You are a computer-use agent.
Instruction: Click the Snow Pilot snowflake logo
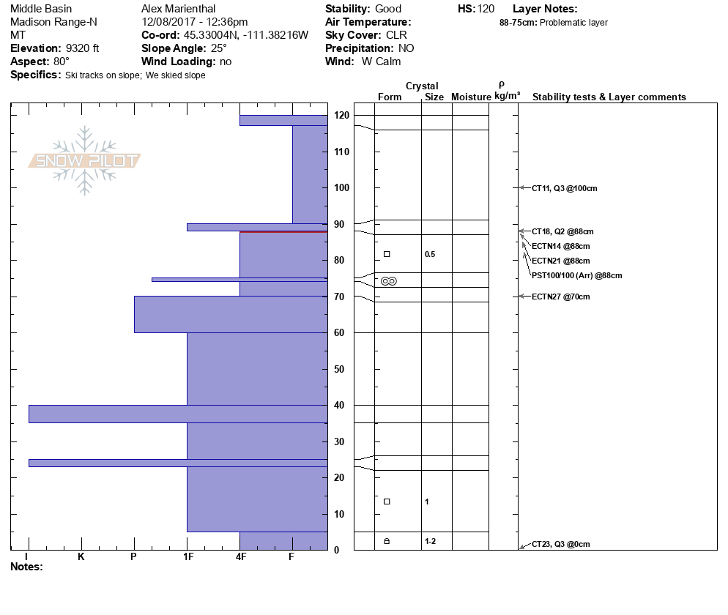(85, 160)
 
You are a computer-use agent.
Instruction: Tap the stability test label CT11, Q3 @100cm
(564, 188)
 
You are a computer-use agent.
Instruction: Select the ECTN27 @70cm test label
(560, 297)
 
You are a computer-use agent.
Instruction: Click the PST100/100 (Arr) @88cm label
(576, 275)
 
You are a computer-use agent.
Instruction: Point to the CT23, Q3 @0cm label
(560, 544)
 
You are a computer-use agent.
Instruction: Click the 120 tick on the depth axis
(341, 116)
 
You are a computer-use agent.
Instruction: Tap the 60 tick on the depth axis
(341, 333)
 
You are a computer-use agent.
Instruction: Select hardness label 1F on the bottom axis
(187, 557)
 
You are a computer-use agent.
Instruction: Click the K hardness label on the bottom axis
(81, 557)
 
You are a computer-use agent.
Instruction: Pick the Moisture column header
(471, 97)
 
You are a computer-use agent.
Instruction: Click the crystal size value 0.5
(430, 255)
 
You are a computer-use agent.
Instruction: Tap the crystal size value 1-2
(431, 541)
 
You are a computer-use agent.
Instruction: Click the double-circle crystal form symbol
(389, 281)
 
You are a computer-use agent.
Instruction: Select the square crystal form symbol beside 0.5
(387, 254)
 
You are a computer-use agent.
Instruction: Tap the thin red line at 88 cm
(283, 231)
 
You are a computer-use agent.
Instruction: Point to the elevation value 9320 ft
(82, 48)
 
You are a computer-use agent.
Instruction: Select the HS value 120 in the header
(486, 9)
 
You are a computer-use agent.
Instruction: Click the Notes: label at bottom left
(27, 567)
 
